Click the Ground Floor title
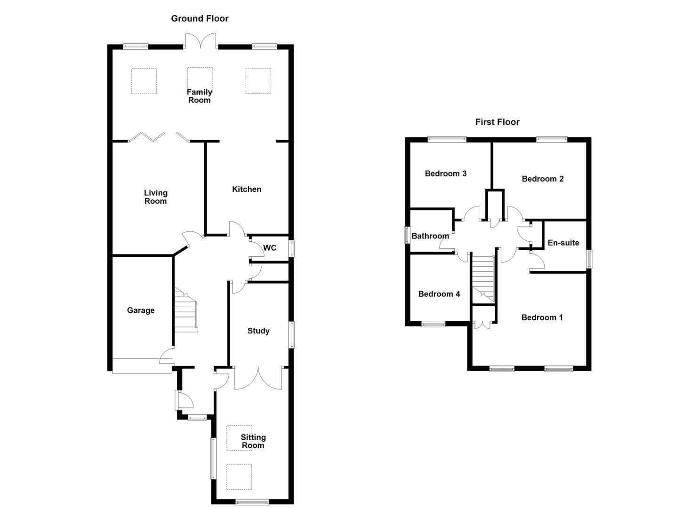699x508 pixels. tap(200, 18)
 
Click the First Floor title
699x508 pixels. tap(497, 122)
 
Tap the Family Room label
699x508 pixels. tap(200, 96)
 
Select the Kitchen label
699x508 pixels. tap(247, 189)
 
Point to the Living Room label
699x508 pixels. tap(155, 197)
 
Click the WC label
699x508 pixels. tap(270, 248)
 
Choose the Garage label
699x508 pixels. tap(141, 310)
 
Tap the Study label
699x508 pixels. tap(258, 331)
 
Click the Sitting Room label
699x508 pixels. tap(253, 441)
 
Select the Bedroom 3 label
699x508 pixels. tap(445, 174)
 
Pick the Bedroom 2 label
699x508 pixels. tap(542, 179)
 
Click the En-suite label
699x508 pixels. tap(563, 243)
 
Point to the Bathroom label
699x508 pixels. tap(430, 236)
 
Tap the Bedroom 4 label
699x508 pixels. tap(439, 294)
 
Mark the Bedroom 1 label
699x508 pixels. tap(542, 317)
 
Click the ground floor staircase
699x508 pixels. tap(186, 310)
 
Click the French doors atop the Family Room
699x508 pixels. tap(201, 41)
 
